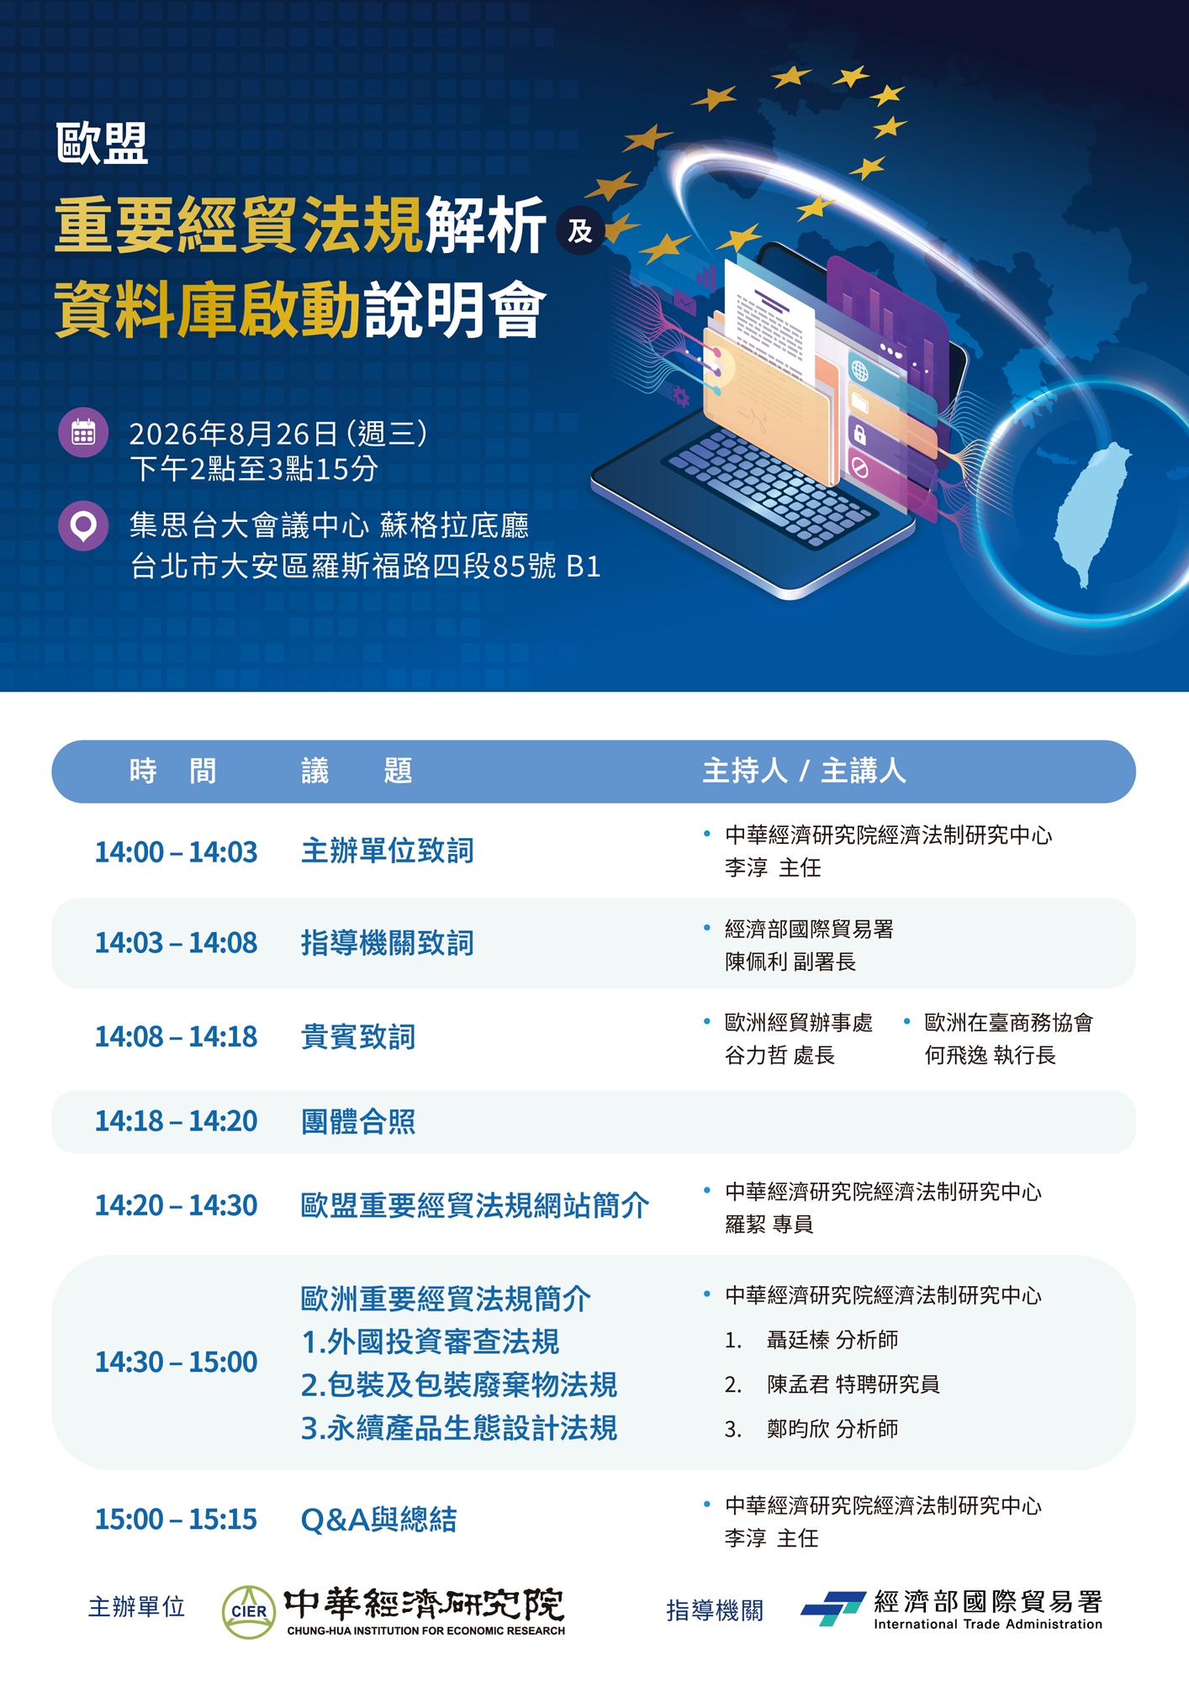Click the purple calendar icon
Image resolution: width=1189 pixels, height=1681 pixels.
coord(83,433)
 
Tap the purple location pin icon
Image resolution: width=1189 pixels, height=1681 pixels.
coord(83,526)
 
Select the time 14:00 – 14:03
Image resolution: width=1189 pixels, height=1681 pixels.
coord(176,852)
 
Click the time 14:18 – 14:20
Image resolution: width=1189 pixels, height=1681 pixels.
coord(176,1121)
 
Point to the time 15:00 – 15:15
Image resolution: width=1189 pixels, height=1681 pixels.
coord(176,1519)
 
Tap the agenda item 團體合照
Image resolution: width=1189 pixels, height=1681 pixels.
coord(358,1121)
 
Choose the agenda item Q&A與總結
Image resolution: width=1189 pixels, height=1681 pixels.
coord(378,1519)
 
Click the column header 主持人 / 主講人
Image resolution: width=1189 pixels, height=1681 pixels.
coord(804,771)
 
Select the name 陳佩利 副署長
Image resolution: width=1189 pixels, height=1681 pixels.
coord(790,962)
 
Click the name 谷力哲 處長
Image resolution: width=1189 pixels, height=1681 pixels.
coord(779,1055)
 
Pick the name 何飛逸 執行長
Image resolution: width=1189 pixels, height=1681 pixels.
coord(990,1055)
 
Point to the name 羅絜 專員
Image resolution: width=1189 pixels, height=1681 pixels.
coord(769,1224)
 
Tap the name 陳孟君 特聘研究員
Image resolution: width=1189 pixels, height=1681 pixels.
coord(853,1384)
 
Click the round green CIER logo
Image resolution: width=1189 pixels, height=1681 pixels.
coord(249,1612)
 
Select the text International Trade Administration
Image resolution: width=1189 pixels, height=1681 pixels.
coord(988,1624)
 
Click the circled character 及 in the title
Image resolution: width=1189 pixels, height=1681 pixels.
coord(580,230)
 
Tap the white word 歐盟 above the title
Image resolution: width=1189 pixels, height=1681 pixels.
coord(102,143)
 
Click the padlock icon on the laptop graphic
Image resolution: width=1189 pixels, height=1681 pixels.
coord(859,434)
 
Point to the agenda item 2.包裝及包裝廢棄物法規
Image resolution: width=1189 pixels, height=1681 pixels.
coord(459,1384)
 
